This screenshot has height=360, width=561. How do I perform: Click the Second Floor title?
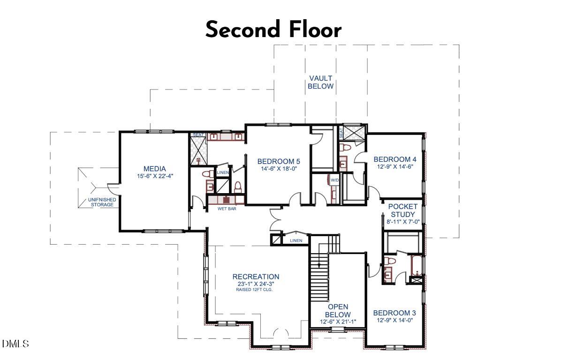coord(273,30)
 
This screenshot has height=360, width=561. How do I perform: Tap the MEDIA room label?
coord(154,169)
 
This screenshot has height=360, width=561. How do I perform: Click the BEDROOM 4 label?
coord(394,159)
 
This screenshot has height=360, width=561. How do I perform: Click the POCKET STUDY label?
coord(402,210)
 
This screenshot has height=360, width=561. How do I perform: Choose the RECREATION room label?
coord(256,277)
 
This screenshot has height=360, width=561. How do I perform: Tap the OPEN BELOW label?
coord(338,311)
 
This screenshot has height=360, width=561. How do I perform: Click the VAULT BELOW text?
coord(320,82)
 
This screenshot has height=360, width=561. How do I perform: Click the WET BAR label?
coord(227,209)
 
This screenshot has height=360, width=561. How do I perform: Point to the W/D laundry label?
coord(335,180)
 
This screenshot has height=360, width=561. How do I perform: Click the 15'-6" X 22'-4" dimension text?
coord(154,176)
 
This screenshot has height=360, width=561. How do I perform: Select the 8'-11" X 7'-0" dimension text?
coord(402,222)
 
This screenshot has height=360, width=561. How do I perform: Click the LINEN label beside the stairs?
coord(296,240)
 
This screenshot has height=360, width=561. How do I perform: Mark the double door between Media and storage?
coord(112,188)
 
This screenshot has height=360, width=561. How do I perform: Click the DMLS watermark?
coord(15,344)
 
